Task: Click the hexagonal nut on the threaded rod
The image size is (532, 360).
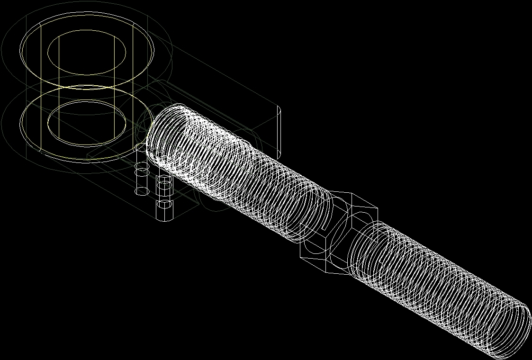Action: (x=339, y=232)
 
